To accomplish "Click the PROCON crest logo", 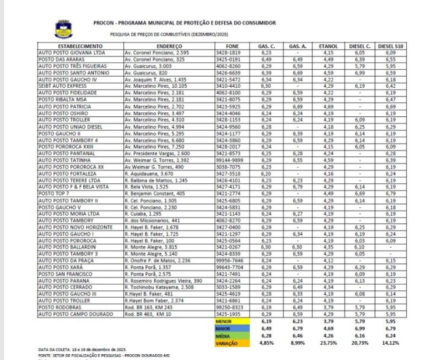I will (63, 28).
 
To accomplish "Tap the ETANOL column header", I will (329, 45).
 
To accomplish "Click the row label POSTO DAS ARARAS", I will (59, 59).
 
